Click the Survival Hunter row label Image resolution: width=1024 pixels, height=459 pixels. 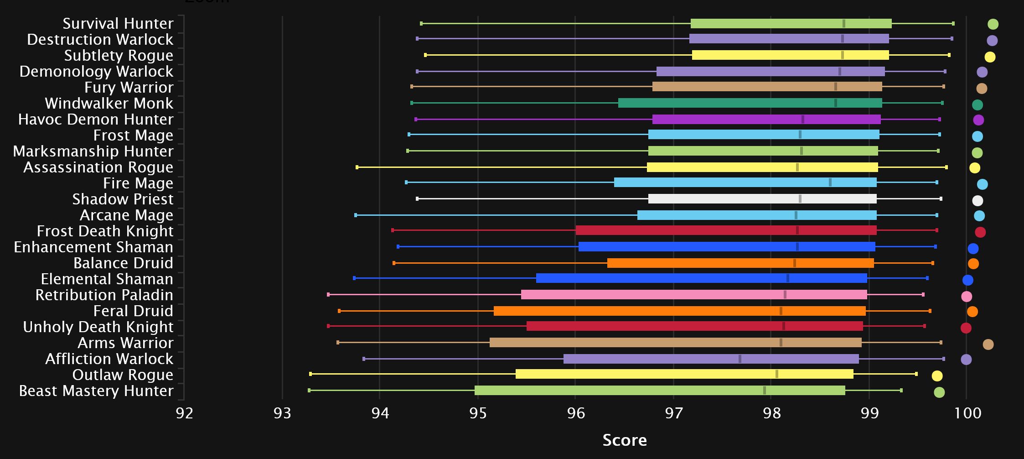(118, 23)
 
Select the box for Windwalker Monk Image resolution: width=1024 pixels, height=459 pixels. (750, 103)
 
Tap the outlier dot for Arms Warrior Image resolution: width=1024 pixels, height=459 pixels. (988, 344)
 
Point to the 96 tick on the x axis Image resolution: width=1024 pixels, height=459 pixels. (575, 413)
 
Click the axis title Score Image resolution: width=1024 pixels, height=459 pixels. (624, 440)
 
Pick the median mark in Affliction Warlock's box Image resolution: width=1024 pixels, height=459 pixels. (740, 359)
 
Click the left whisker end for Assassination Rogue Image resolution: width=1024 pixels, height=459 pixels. (357, 167)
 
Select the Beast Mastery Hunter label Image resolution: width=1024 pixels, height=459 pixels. (96, 391)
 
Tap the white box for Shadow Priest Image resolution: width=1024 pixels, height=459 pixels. (762, 199)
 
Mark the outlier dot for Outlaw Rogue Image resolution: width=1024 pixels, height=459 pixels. (937, 376)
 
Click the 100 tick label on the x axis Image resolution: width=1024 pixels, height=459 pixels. (967, 413)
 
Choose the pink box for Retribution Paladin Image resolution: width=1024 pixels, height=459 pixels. (693, 295)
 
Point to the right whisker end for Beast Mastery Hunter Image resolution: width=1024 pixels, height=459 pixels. (901, 390)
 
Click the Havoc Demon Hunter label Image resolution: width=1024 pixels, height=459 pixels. (96, 120)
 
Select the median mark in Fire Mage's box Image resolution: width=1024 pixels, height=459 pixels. (830, 183)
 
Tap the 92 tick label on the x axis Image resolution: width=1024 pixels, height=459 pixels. (184, 413)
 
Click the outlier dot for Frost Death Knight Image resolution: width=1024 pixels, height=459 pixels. (980, 232)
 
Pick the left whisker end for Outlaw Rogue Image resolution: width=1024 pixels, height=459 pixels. (310, 374)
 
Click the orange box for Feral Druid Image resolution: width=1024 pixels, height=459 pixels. (679, 311)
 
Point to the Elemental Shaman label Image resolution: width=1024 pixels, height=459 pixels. (107, 279)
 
